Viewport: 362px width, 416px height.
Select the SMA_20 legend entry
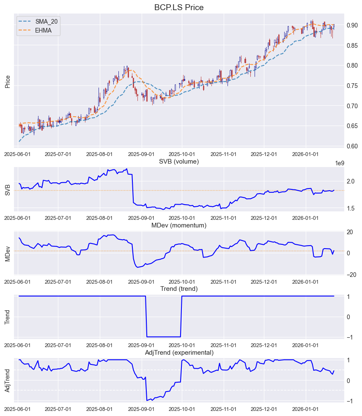pos(47,21)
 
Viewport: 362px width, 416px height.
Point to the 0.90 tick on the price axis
pos(352,25)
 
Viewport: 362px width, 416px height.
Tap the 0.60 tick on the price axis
pos(352,146)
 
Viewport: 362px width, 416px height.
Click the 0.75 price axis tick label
pos(352,86)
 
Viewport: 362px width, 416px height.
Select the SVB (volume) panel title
pos(179,161)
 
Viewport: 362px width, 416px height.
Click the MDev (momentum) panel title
pos(179,225)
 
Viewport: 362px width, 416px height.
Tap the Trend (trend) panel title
pos(179,289)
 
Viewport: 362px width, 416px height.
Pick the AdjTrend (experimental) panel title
pos(179,353)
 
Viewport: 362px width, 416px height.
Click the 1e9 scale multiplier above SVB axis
pos(340,163)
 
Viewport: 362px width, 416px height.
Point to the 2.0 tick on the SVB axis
pos(351,181)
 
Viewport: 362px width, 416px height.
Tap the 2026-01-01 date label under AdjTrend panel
pos(306,409)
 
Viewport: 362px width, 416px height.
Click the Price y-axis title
pos(8,81)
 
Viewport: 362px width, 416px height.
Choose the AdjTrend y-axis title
pos(8,380)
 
